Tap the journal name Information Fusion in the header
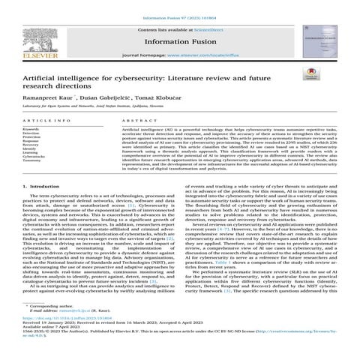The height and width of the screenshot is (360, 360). pos(181,40)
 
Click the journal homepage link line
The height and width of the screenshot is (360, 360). pos(181,56)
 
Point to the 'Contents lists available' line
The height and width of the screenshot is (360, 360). pos(181,27)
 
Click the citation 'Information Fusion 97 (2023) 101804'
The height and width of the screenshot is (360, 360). pos(181,8)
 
